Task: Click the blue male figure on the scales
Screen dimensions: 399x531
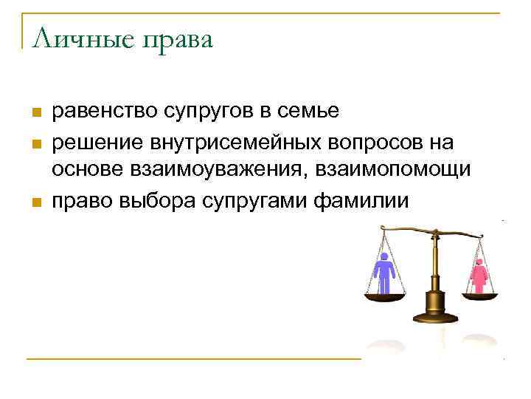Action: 383,273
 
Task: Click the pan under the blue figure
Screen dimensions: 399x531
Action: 385,297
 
